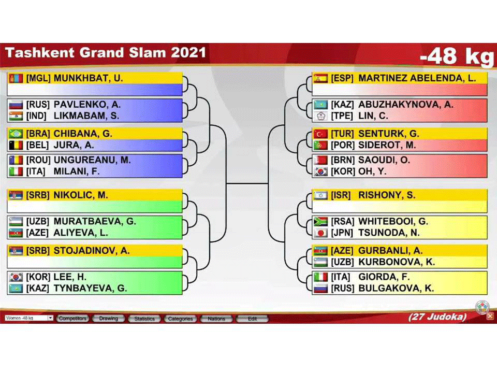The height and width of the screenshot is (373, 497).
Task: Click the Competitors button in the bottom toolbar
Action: (x=72, y=319)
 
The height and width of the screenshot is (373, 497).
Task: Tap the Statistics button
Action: (x=144, y=319)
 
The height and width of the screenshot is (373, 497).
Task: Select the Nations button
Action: (x=216, y=319)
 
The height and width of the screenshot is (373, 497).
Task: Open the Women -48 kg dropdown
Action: (x=28, y=318)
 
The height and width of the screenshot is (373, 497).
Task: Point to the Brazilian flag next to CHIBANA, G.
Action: (x=16, y=134)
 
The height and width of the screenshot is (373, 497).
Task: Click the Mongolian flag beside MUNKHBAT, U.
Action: (x=16, y=78)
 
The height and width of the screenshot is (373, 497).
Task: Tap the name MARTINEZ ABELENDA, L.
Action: (x=417, y=78)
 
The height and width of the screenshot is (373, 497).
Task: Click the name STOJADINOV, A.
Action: (x=91, y=251)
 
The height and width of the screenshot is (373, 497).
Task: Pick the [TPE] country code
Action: (x=342, y=116)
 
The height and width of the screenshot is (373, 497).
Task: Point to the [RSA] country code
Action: (x=342, y=221)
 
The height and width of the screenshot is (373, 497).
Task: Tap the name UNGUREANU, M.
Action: (x=92, y=160)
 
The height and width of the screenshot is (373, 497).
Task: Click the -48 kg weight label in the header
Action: (x=457, y=56)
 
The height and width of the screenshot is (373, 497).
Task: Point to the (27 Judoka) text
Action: (x=437, y=317)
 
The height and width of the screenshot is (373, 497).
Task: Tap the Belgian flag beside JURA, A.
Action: (x=16, y=145)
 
